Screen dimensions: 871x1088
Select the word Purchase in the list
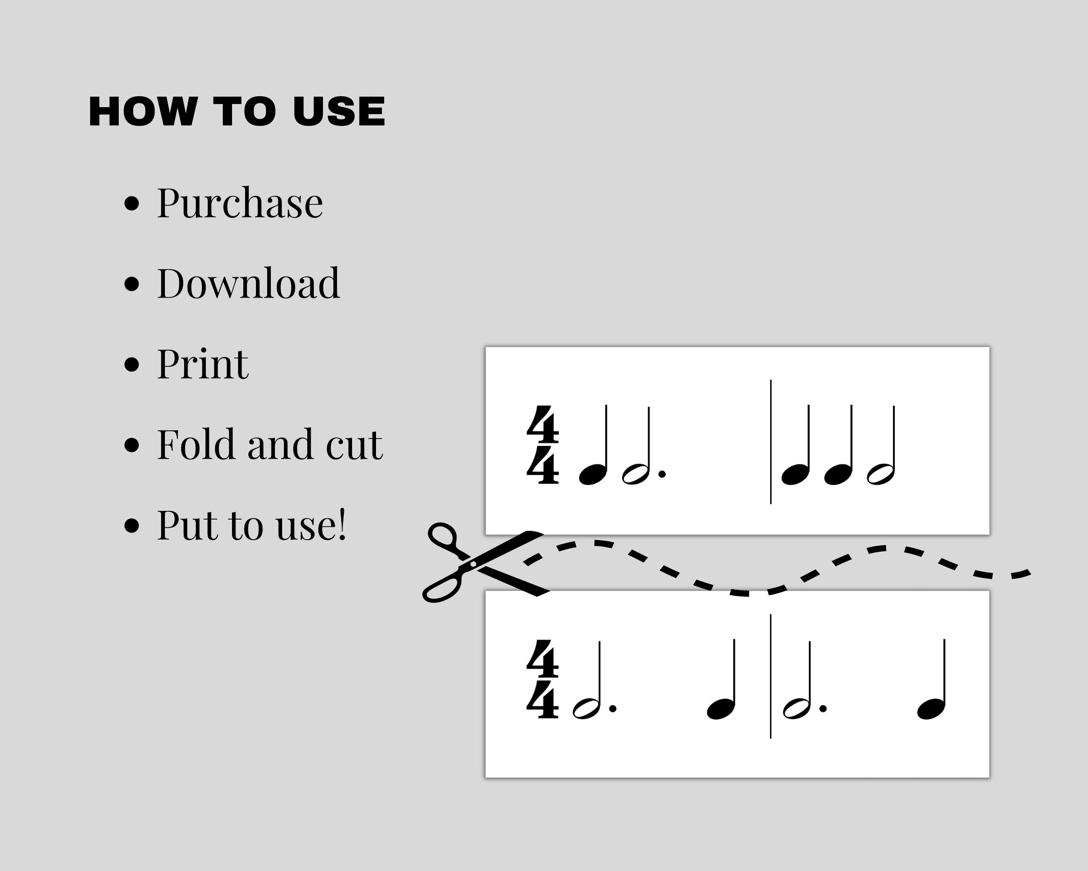(240, 203)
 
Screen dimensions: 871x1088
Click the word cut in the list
(354, 446)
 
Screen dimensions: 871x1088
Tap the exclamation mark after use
(342, 525)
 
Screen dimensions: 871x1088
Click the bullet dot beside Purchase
(132, 203)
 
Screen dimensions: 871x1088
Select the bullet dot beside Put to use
(132, 525)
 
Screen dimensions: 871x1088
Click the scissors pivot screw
(473, 564)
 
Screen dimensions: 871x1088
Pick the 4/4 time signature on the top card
(543, 445)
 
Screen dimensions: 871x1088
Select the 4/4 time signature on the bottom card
(543, 679)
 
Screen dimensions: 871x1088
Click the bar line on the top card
(771, 442)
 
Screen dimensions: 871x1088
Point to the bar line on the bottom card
(771, 677)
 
